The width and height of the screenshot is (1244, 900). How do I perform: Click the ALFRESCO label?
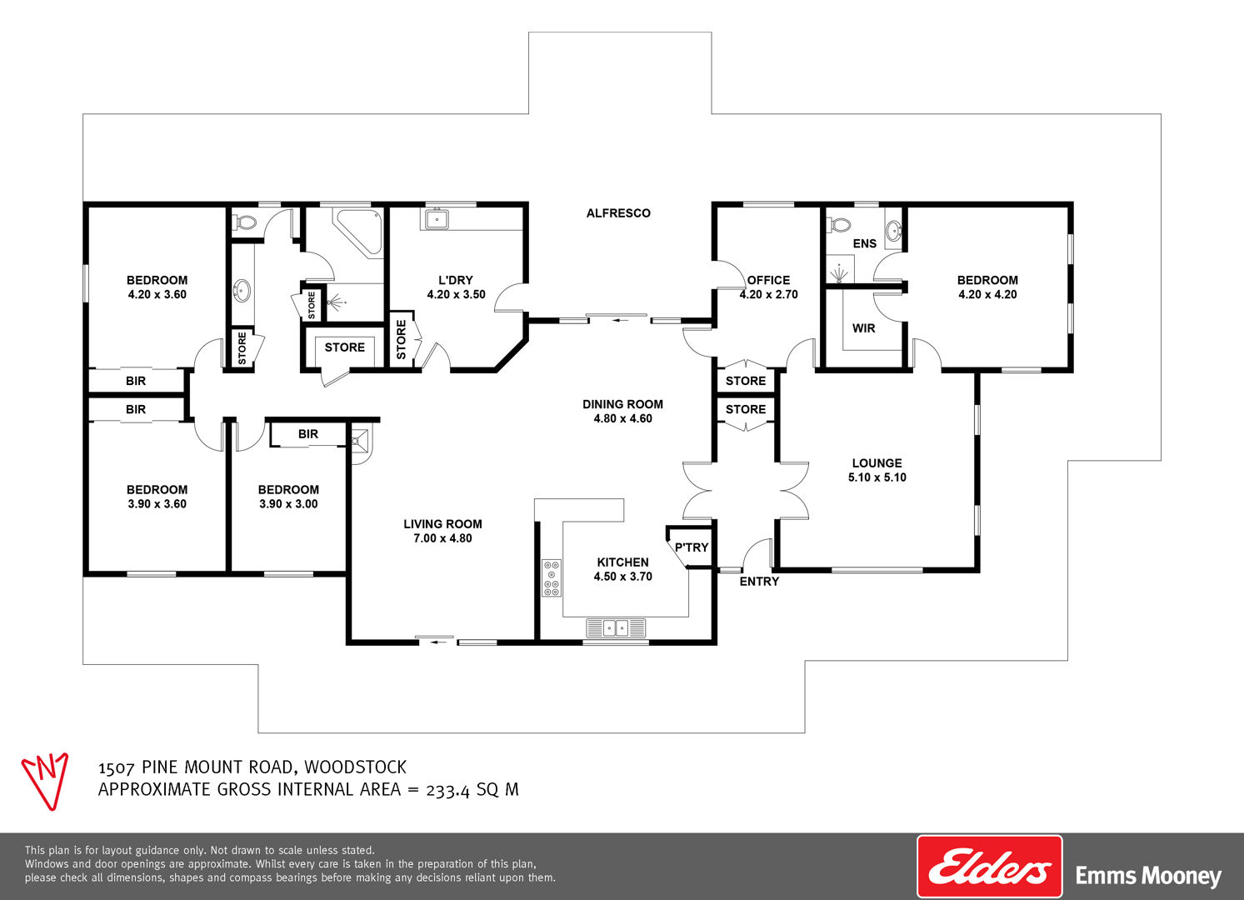click(x=618, y=213)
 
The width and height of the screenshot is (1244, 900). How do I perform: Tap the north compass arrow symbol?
click(x=45, y=781)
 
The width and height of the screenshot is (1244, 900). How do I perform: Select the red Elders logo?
click(x=989, y=867)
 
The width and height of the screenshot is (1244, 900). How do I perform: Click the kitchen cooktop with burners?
click(x=552, y=577)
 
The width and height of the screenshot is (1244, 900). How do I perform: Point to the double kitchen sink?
click(x=616, y=628)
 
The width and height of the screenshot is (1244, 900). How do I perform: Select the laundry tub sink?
click(x=437, y=219)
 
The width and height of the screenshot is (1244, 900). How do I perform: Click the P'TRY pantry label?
click(x=692, y=547)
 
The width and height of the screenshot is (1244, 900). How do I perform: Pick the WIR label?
click(x=863, y=328)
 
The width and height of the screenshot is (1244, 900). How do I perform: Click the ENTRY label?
click(x=759, y=582)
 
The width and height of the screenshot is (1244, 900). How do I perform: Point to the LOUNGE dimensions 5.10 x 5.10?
click(x=877, y=477)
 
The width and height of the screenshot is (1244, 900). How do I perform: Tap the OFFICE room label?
click(x=768, y=280)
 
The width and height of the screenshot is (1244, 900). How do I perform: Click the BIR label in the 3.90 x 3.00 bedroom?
click(x=308, y=434)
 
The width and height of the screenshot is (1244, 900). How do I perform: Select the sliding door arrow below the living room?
click(x=439, y=642)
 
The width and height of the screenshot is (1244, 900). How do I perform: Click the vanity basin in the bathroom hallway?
click(x=242, y=291)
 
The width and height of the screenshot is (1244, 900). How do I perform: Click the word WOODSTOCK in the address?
click(x=356, y=767)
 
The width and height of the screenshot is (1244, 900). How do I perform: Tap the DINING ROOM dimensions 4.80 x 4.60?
click(x=623, y=419)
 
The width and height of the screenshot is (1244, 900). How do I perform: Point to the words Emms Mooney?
click(x=1148, y=876)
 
